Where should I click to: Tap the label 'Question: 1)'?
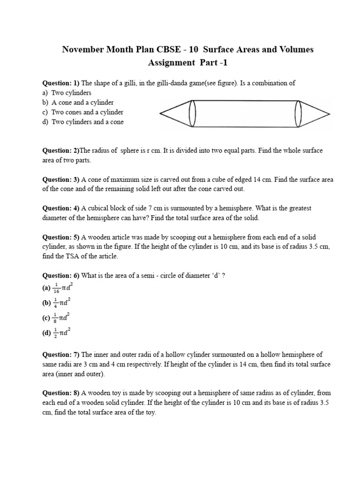(61, 83)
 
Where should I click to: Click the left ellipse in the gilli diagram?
(192, 113)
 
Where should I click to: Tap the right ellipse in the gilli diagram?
(298, 113)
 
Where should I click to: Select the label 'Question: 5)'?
(61, 238)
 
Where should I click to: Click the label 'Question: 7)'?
(61, 354)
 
